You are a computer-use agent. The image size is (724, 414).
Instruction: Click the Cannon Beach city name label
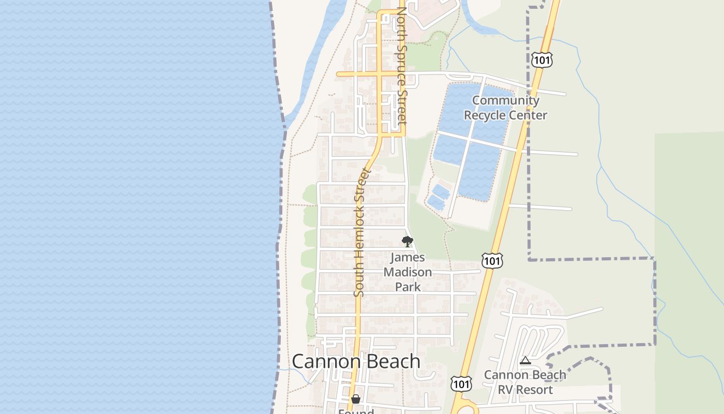(356, 361)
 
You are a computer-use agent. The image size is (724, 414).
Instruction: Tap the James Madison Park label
(408, 272)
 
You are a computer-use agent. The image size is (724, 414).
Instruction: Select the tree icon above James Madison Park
(408, 241)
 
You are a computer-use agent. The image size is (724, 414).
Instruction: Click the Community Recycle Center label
(505, 108)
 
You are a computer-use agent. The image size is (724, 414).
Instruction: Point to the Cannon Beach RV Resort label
(525, 382)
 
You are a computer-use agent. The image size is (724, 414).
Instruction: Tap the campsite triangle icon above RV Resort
(525, 361)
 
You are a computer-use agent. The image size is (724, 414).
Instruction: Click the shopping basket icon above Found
(356, 399)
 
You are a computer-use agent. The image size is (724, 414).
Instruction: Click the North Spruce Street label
(401, 66)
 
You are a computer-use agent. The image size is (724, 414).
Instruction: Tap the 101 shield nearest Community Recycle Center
(541, 60)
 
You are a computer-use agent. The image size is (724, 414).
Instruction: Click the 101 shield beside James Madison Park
(492, 260)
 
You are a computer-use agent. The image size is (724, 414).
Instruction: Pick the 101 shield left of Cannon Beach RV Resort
(460, 383)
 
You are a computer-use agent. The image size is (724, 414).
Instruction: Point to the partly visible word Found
(356, 411)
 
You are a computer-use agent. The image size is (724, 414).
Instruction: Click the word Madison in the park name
(408, 272)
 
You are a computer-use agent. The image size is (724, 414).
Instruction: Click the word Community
(506, 100)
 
